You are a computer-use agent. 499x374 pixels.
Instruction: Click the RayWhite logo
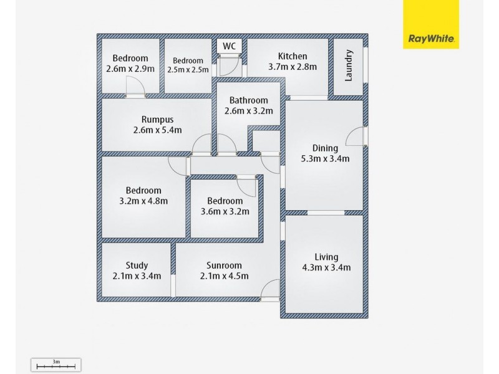click(x=431, y=24)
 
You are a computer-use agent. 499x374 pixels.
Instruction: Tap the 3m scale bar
click(x=56, y=365)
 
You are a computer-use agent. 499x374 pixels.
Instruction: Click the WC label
click(x=230, y=46)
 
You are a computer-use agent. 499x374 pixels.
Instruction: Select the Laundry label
click(x=349, y=65)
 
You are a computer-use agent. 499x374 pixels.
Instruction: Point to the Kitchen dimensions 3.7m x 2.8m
click(x=293, y=67)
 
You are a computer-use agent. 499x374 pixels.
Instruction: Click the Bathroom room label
click(x=248, y=100)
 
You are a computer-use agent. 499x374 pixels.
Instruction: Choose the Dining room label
click(x=325, y=148)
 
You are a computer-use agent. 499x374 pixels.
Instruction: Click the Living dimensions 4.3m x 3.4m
click(x=326, y=268)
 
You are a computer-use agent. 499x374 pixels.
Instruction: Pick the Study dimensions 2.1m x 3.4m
click(x=137, y=276)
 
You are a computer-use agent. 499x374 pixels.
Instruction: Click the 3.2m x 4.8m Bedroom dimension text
click(x=143, y=201)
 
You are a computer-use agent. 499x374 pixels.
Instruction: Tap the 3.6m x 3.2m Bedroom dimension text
click(x=225, y=211)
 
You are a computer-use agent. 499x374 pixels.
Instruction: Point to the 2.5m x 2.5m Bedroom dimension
click(x=188, y=69)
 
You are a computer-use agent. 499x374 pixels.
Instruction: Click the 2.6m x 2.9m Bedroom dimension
click(x=130, y=69)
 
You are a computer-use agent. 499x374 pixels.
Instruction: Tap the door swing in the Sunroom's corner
click(x=271, y=289)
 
